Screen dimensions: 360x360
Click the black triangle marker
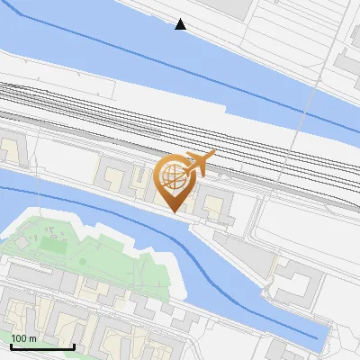point(181,24)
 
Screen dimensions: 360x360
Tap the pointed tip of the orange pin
point(173,211)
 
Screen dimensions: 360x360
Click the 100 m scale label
point(23,338)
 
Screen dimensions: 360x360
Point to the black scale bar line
point(41,346)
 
